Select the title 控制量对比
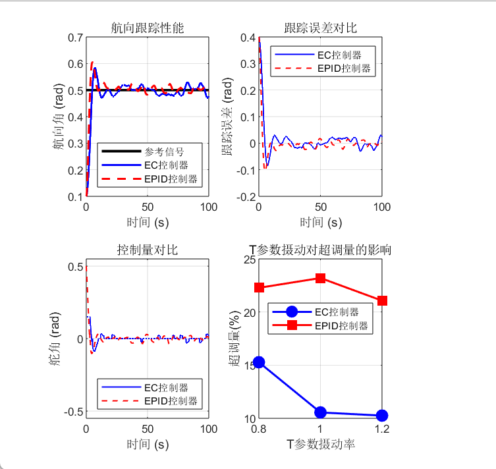147,250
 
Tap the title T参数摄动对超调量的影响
320,250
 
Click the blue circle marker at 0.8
259,362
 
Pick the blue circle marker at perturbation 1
320,412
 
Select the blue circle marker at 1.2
381,416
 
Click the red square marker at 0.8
259,287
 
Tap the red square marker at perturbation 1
320,278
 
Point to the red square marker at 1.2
381,300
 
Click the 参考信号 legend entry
164,151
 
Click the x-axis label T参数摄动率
320,445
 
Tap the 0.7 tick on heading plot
74,38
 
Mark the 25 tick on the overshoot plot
250,260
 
